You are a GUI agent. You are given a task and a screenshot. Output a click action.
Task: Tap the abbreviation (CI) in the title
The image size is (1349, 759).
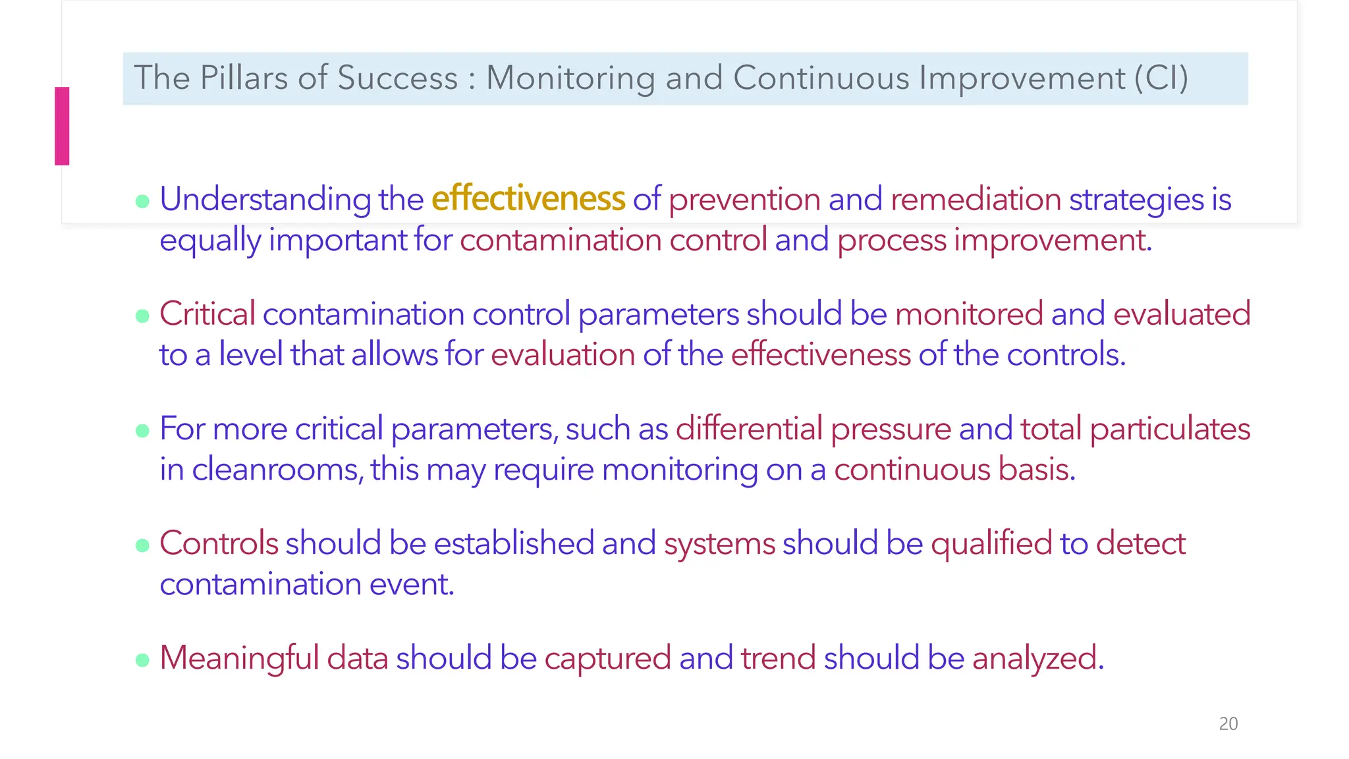coord(1161,78)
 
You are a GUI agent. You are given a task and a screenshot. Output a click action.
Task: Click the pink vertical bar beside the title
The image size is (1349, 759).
coord(62,126)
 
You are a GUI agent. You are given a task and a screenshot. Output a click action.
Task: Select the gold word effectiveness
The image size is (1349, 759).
coord(528,198)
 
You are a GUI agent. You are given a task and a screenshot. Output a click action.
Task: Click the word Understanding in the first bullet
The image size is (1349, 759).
coord(265,200)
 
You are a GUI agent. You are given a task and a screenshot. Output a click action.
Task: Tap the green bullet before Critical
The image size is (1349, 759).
coord(142,316)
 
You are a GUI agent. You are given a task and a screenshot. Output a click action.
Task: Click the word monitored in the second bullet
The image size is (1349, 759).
coord(968,314)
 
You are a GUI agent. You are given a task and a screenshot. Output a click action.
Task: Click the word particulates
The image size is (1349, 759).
coord(1170,429)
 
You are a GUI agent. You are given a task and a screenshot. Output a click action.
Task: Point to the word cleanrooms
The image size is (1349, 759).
coord(277,469)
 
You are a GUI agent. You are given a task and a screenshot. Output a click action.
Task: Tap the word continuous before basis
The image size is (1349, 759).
coord(912,469)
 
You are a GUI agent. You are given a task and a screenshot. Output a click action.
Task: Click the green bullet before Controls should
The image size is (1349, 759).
coord(142,546)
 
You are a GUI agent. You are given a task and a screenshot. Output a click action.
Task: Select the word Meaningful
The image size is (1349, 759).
coord(239,658)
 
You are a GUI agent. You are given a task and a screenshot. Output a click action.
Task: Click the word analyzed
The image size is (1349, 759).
coord(1037,658)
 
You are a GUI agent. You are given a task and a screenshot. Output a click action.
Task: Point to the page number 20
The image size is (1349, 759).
coord(1228,723)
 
